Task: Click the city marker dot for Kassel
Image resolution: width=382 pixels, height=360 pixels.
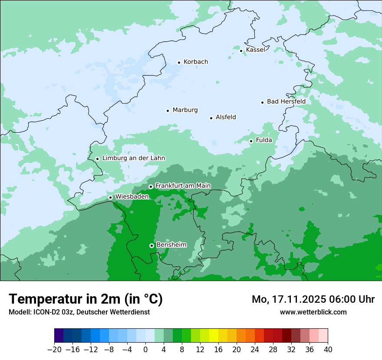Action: (x=241, y=51)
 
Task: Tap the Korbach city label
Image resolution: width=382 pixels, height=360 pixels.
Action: (x=196, y=62)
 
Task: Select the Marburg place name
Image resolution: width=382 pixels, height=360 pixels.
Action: (x=185, y=110)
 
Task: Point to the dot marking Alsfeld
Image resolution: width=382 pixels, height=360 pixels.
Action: (x=211, y=118)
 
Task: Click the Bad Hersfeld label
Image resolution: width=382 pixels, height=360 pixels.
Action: (x=286, y=101)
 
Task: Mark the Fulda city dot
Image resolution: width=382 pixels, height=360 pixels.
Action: (x=251, y=141)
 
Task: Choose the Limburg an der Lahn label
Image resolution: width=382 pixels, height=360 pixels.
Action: (x=133, y=158)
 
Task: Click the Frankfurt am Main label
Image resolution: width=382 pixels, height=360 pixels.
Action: (x=183, y=186)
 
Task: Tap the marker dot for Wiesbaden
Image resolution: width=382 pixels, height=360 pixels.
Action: (x=111, y=197)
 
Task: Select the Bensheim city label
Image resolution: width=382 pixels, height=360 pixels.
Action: (x=171, y=245)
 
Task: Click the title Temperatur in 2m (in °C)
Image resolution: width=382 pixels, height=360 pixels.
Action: (x=86, y=299)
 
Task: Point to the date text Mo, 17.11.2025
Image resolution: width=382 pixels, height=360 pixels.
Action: (x=288, y=299)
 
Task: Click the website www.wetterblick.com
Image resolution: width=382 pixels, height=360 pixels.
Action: (x=313, y=312)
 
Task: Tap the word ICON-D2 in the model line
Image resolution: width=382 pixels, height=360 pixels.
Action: (x=46, y=312)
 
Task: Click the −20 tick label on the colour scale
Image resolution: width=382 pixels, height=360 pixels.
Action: (x=54, y=350)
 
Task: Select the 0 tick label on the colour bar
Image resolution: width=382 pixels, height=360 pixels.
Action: (x=145, y=350)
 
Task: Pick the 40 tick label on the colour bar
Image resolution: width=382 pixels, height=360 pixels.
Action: (x=328, y=350)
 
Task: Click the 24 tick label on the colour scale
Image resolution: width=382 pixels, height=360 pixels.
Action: (x=255, y=350)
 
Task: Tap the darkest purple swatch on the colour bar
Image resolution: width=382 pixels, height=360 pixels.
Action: (x=59, y=336)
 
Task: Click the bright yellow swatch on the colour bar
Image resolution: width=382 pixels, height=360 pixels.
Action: (x=214, y=336)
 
